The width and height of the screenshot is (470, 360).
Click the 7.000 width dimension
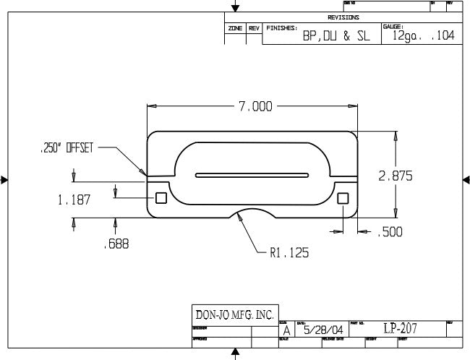click(255, 107)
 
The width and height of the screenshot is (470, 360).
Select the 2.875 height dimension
click(396, 176)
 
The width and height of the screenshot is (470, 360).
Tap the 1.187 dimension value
click(74, 200)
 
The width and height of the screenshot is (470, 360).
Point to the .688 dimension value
click(115, 244)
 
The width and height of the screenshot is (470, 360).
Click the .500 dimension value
click(391, 232)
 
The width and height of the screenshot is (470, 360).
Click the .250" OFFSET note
click(66, 148)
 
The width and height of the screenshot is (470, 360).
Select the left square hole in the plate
click(161, 198)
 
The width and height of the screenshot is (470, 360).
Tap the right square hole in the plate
click(343, 198)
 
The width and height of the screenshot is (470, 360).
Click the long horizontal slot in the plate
click(252, 174)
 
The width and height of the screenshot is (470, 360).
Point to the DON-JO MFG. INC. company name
click(235, 315)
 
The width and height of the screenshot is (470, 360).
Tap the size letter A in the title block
click(286, 331)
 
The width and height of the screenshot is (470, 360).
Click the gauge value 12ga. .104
click(422, 35)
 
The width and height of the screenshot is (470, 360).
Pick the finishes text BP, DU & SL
click(336, 36)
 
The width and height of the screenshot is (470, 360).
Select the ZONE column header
click(235, 27)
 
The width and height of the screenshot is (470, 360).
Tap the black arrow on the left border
click(4, 180)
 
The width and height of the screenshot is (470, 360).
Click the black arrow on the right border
click(466, 180)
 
